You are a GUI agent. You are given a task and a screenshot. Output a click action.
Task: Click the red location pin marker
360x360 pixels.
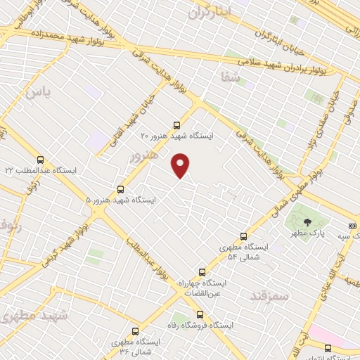pos(181,165)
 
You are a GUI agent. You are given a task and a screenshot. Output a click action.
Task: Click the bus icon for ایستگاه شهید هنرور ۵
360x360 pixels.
pos(120,188)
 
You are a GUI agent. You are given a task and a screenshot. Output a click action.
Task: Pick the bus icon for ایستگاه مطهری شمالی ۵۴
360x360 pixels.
pos(243,236)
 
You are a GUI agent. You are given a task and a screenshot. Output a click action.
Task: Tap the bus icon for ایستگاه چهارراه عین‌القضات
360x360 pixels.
pos(202,271)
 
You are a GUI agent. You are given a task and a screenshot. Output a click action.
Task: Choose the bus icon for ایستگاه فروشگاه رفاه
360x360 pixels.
pos(200,314)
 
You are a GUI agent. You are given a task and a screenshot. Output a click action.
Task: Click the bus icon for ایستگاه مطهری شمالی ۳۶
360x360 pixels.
pos(136,330)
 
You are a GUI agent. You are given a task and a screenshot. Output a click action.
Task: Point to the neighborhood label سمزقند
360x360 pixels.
pos(269,297)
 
